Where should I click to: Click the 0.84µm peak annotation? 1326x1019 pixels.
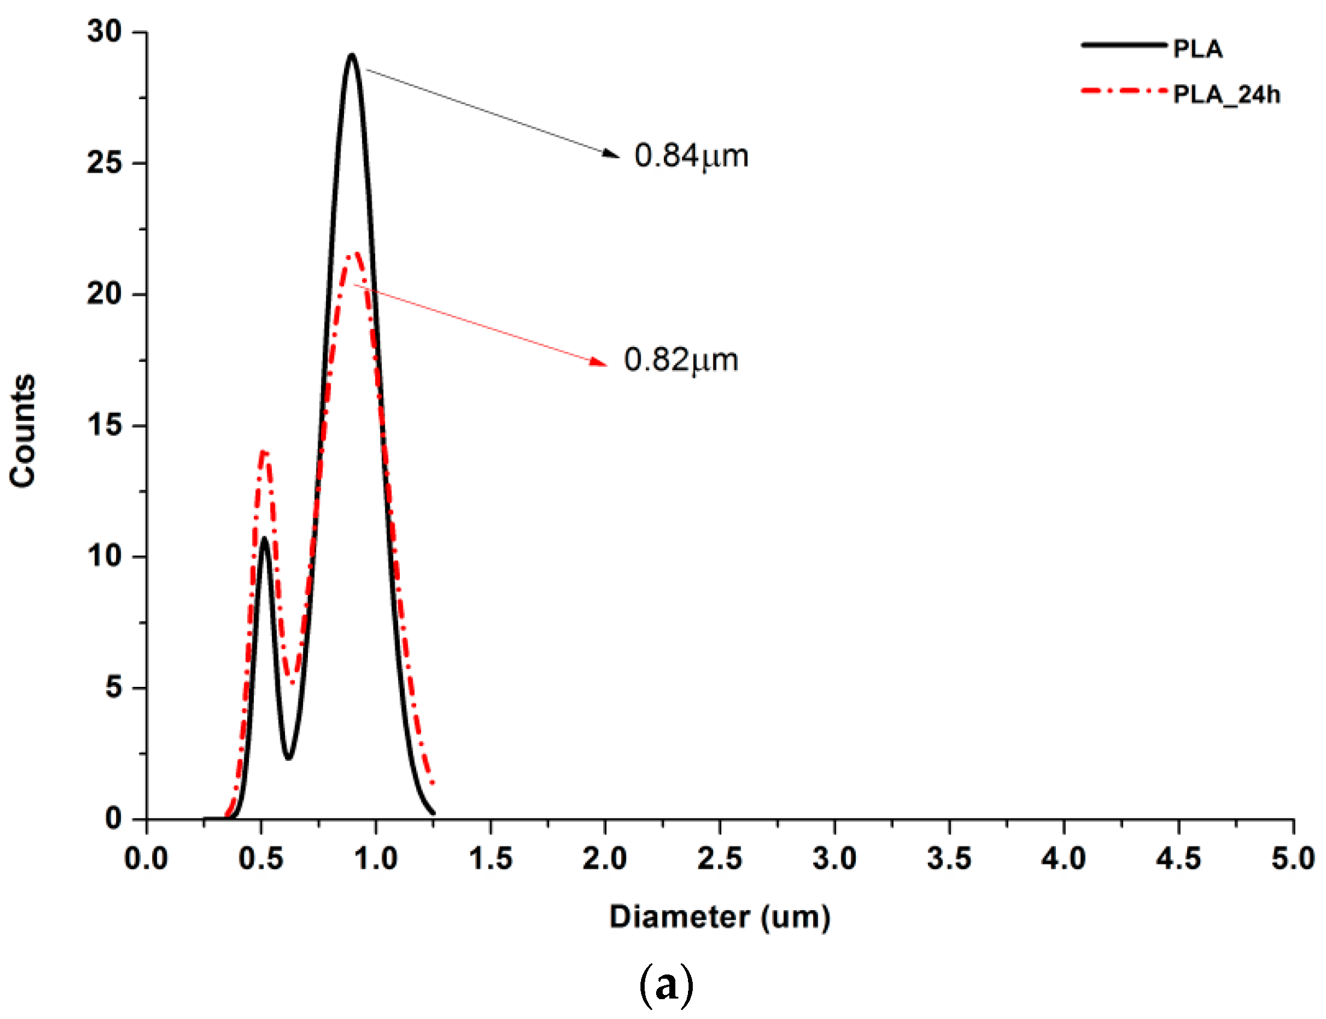[x=690, y=156]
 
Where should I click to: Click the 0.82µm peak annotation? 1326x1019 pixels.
[x=680, y=360]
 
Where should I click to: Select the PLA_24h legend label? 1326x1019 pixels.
[x=1226, y=94]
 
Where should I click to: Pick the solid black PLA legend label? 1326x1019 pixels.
[x=1197, y=49]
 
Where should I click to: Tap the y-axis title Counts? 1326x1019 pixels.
[x=23, y=430]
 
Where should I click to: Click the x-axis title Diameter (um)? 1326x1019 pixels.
[x=719, y=917]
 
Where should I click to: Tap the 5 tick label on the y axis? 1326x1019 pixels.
[x=114, y=688]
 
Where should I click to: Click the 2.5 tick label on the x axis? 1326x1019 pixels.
[x=719, y=859]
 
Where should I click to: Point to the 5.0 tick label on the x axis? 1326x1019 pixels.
[x=1293, y=859]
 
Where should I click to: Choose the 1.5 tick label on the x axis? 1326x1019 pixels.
[x=490, y=859]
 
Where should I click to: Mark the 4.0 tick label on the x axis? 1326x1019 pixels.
[x=1063, y=859]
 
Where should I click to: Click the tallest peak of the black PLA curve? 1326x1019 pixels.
[x=352, y=55]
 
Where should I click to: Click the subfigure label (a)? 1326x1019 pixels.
[x=666, y=987]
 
